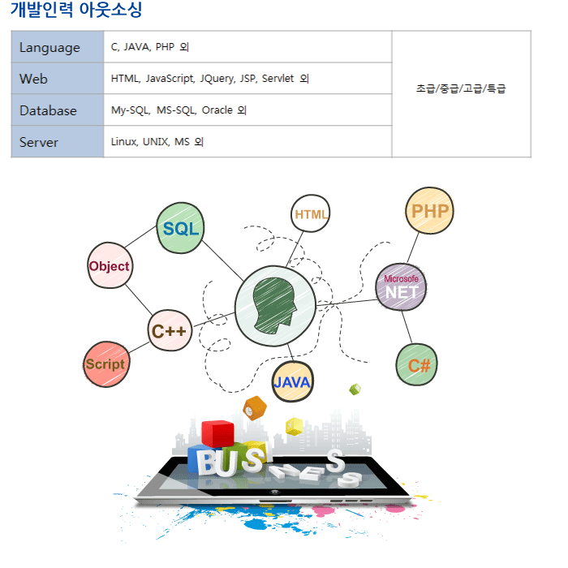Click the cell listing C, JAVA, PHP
click(247, 47)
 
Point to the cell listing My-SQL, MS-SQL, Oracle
click(247, 110)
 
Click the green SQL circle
click(180, 229)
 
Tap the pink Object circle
click(110, 265)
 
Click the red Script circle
click(106, 364)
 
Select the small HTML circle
click(312, 214)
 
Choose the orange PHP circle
click(429, 211)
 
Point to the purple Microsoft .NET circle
click(401, 286)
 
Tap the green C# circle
click(419, 364)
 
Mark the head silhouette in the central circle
click(274, 305)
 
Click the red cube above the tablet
click(217, 432)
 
